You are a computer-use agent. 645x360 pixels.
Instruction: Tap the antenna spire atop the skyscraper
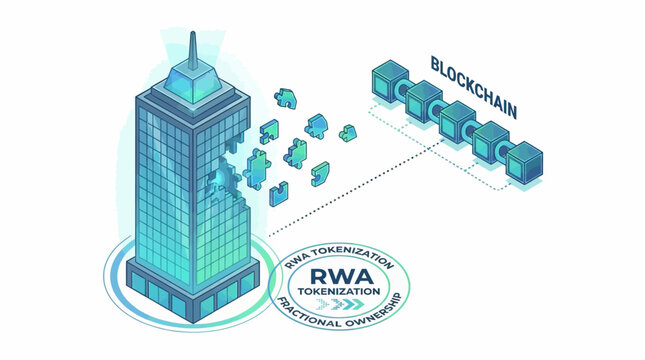192,44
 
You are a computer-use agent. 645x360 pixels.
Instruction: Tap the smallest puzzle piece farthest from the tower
347,133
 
